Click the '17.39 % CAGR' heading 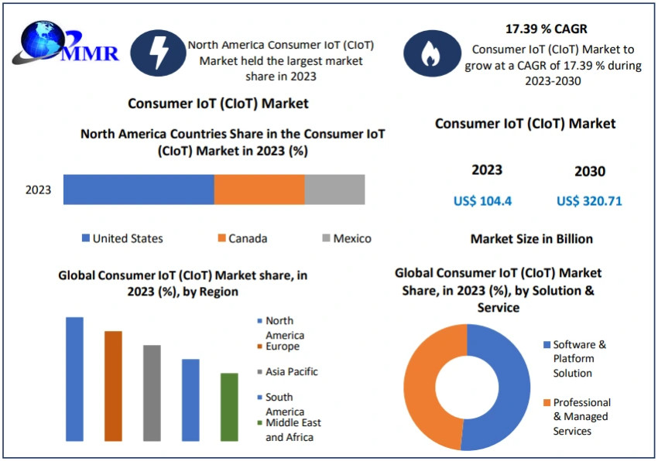click(546, 29)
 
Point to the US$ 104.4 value click(482, 201)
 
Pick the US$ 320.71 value click(589, 201)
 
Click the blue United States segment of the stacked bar click(139, 190)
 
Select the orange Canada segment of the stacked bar click(259, 190)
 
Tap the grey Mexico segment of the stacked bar click(334, 190)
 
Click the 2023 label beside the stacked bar click(39, 190)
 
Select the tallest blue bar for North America click(74, 379)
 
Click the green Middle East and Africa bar click(229, 407)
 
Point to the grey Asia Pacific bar click(152, 393)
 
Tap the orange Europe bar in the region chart click(113, 386)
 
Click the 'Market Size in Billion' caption click(531, 239)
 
